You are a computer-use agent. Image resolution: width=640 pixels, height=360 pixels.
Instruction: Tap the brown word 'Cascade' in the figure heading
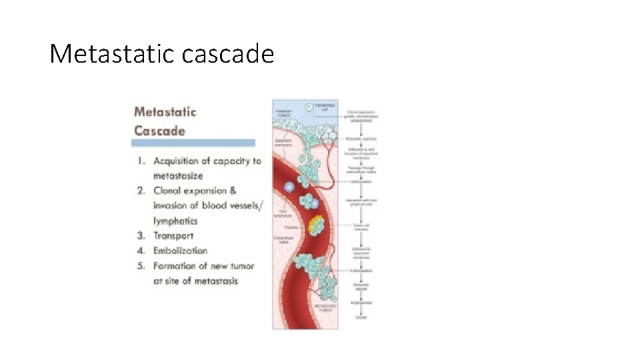159,130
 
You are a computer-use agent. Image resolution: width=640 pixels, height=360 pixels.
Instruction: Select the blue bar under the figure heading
194,143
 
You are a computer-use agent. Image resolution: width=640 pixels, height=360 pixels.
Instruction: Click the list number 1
141,161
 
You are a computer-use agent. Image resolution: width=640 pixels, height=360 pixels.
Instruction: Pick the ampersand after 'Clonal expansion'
232,191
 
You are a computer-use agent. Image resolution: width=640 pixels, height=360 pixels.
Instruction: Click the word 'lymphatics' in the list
175,221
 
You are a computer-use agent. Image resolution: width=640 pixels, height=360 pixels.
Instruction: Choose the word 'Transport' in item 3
173,235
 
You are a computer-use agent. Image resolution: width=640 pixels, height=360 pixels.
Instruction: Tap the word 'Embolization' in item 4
180,251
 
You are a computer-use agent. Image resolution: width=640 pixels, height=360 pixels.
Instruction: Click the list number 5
141,266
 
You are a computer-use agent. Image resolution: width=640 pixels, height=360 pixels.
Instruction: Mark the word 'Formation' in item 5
177,266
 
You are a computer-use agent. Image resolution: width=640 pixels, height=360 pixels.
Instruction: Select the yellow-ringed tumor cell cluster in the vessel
315,225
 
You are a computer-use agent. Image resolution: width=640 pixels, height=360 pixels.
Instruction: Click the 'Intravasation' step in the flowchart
361,181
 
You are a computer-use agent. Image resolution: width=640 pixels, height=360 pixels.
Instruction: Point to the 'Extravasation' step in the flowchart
361,271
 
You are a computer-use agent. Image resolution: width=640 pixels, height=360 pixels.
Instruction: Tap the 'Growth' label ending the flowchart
361,317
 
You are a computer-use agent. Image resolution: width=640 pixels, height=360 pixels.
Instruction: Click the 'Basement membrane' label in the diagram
284,141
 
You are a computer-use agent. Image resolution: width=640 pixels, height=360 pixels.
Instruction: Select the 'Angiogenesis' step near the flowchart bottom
361,303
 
